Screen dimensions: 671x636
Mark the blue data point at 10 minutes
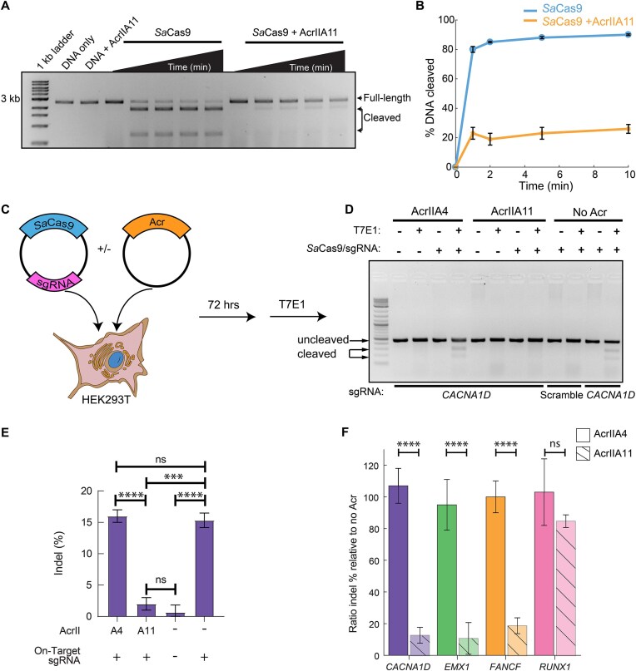pos(629,34)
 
